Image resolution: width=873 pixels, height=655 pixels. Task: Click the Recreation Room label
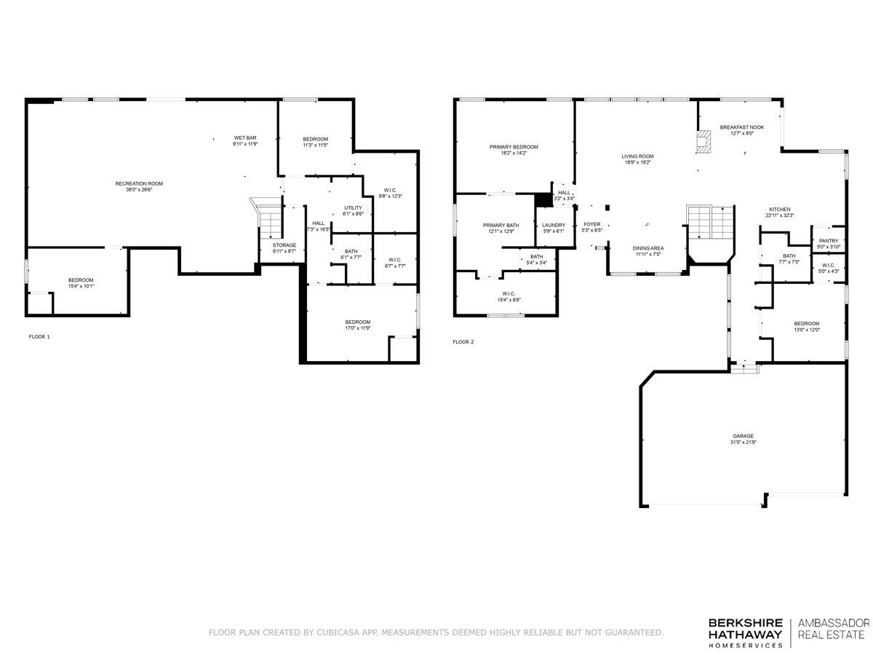coord(139,183)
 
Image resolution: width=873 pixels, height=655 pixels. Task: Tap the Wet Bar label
coord(244,138)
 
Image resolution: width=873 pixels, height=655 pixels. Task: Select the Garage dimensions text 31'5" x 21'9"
coord(743,442)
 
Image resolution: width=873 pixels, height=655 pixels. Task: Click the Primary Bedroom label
coord(514,146)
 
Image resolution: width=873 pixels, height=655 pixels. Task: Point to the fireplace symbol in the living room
coord(703,141)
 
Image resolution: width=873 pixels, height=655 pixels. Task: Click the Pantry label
coord(828,241)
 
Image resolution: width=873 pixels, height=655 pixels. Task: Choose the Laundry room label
coord(553,225)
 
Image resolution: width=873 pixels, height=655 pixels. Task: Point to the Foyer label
coord(591,224)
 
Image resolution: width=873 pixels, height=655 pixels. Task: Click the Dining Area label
coord(647,248)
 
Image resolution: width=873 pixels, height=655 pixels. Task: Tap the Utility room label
coord(353,208)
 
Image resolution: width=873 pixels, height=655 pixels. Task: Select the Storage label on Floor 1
coord(284,245)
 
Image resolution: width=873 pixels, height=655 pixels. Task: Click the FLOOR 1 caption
coord(39,337)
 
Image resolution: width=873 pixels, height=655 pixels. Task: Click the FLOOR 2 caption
coord(463,341)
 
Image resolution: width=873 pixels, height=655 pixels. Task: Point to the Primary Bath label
coord(501,225)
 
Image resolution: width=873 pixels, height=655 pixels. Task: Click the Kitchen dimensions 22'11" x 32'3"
coord(780,215)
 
